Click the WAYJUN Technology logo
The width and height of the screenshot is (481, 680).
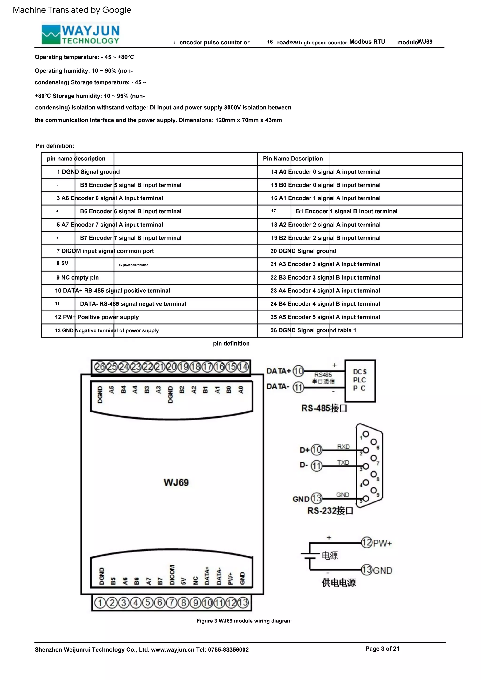(81, 34)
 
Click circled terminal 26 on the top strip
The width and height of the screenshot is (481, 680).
(100, 367)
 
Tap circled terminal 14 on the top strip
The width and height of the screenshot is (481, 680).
(243, 367)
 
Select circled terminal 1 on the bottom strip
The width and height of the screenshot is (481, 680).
(100, 603)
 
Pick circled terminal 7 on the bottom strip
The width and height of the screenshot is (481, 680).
(171, 603)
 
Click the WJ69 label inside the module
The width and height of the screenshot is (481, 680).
(176, 482)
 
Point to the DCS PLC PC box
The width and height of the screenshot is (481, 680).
(360, 380)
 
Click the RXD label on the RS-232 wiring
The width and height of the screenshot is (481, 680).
(343, 447)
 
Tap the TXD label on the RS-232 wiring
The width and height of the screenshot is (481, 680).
(343, 463)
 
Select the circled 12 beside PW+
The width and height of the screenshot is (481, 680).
(367, 543)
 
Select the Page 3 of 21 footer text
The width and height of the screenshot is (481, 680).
(382, 649)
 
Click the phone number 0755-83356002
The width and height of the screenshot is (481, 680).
(228, 650)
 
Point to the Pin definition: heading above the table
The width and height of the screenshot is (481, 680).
(55, 146)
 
